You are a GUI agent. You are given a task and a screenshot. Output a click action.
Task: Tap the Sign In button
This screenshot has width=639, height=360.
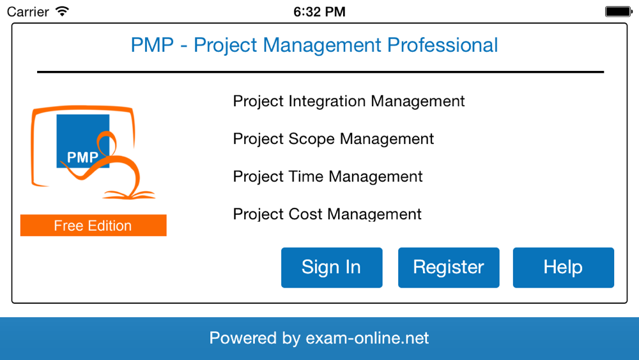(332, 267)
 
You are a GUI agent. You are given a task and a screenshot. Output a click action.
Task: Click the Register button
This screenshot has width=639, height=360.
(449, 267)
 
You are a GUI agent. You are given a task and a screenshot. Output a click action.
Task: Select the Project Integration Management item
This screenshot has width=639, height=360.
(349, 102)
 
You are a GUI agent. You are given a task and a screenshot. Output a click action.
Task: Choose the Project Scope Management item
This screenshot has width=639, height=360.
(334, 139)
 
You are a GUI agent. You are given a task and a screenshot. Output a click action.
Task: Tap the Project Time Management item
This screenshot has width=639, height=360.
(328, 176)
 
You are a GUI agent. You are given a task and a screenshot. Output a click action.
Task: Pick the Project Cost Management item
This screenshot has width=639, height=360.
(327, 214)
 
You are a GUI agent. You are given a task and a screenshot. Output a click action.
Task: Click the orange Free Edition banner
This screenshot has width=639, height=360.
(93, 226)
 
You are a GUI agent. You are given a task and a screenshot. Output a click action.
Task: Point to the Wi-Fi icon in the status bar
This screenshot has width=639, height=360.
(63, 11)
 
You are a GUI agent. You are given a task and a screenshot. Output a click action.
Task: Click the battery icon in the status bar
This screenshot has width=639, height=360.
(619, 12)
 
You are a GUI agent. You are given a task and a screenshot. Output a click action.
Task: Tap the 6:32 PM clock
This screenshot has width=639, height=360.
(319, 12)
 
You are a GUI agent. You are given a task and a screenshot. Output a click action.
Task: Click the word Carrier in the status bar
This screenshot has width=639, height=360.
(27, 12)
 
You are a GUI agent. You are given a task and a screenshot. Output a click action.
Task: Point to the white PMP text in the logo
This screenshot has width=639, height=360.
(82, 157)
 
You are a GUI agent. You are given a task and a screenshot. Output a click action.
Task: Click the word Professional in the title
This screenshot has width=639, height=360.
(443, 45)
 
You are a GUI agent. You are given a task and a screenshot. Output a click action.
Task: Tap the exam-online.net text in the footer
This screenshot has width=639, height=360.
(367, 338)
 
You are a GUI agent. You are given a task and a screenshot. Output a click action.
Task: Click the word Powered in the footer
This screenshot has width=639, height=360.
(243, 338)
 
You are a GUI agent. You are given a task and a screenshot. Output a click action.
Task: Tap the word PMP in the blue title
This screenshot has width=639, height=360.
(153, 45)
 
